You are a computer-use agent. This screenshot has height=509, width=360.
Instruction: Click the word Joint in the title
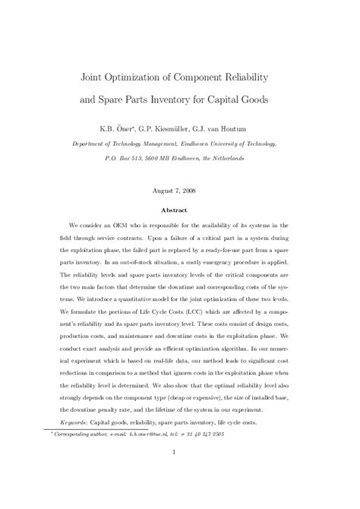[x=94, y=77]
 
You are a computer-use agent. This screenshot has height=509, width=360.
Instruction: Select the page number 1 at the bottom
[x=179, y=476]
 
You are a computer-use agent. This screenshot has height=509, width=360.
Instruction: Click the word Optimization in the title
[x=141, y=77]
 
